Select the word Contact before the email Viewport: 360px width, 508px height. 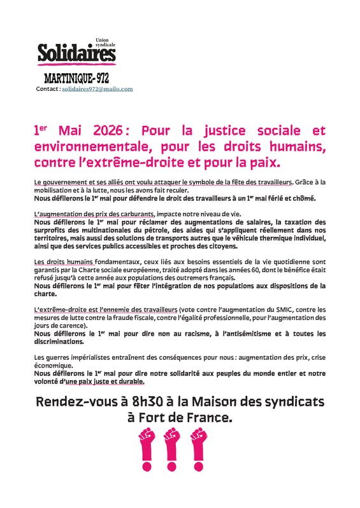[47, 89]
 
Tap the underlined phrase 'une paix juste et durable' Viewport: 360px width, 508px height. [105, 382]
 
